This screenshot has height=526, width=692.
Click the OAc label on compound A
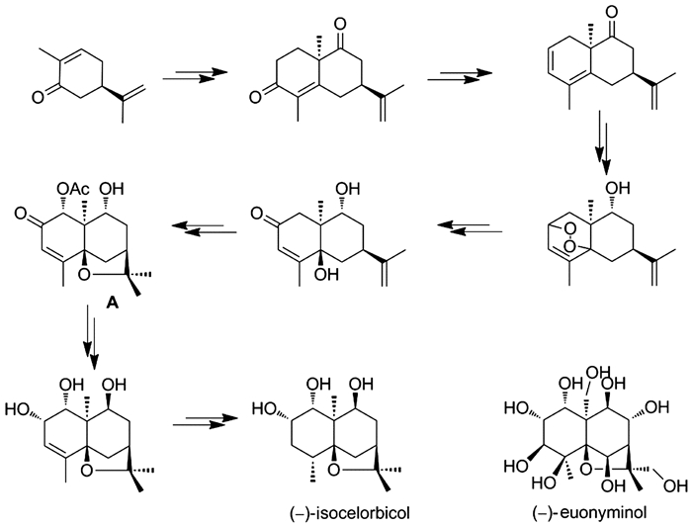click(x=73, y=190)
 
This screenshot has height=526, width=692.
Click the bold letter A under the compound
click(x=113, y=304)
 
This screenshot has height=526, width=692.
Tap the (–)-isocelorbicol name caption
click(x=350, y=513)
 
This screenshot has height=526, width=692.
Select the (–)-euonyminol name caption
click(x=589, y=513)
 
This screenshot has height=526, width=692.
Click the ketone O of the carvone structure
click(x=38, y=97)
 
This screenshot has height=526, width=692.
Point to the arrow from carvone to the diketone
click(x=195, y=75)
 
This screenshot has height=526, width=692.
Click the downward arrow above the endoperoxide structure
click(x=603, y=142)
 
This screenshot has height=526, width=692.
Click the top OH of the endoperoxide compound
click(x=618, y=189)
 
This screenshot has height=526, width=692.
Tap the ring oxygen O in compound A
click(x=85, y=276)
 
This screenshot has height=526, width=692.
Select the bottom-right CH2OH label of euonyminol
click(x=675, y=486)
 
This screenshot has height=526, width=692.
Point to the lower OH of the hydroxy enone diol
click(x=326, y=276)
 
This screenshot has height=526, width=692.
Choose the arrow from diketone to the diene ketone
click(x=460, y=75)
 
